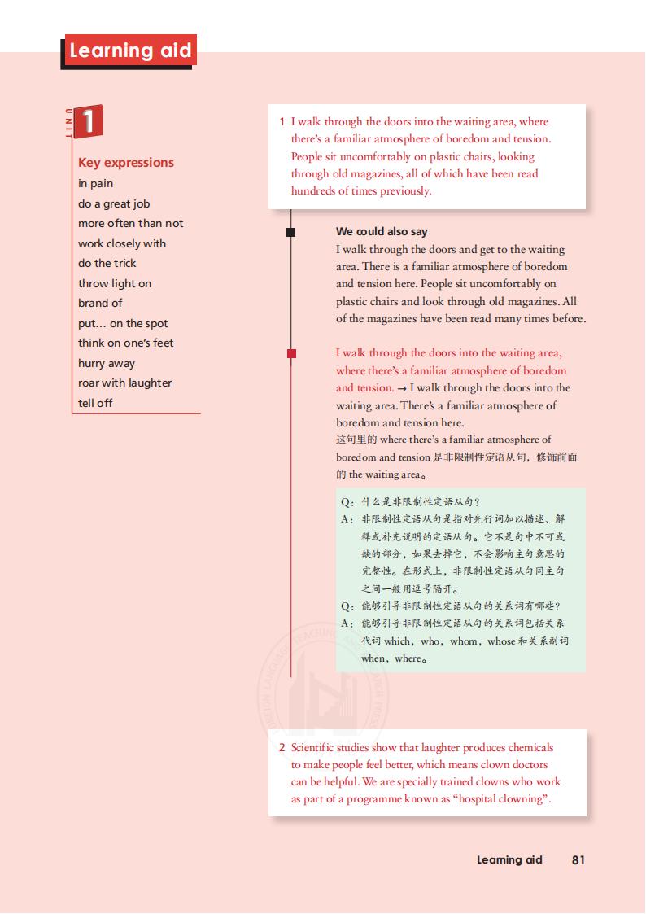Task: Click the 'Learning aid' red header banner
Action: [x=130, y=50]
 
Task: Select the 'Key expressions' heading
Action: [x=126, y=162]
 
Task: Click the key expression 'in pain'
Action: [x=96, y=183]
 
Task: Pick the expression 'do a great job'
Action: [x=114, y=203]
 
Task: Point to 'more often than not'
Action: [x=131, y=223]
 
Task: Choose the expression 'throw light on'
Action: [x=115, y=283]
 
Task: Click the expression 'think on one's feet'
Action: [x=126, y=343]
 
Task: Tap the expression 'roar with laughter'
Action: [x=125, y=383]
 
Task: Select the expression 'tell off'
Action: [x=95, y=403]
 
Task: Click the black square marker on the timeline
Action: [x=291, y=232]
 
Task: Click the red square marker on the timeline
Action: [x=291, y=353]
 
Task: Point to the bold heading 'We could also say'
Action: [x=382, y=231]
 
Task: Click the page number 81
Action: [x=578, y=859]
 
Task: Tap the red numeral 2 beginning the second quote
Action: [x=282, y=747]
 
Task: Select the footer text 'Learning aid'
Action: [x=509, y=859]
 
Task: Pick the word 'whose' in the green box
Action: [x=501, y=641]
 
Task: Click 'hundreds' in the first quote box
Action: [x=313, y=190]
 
